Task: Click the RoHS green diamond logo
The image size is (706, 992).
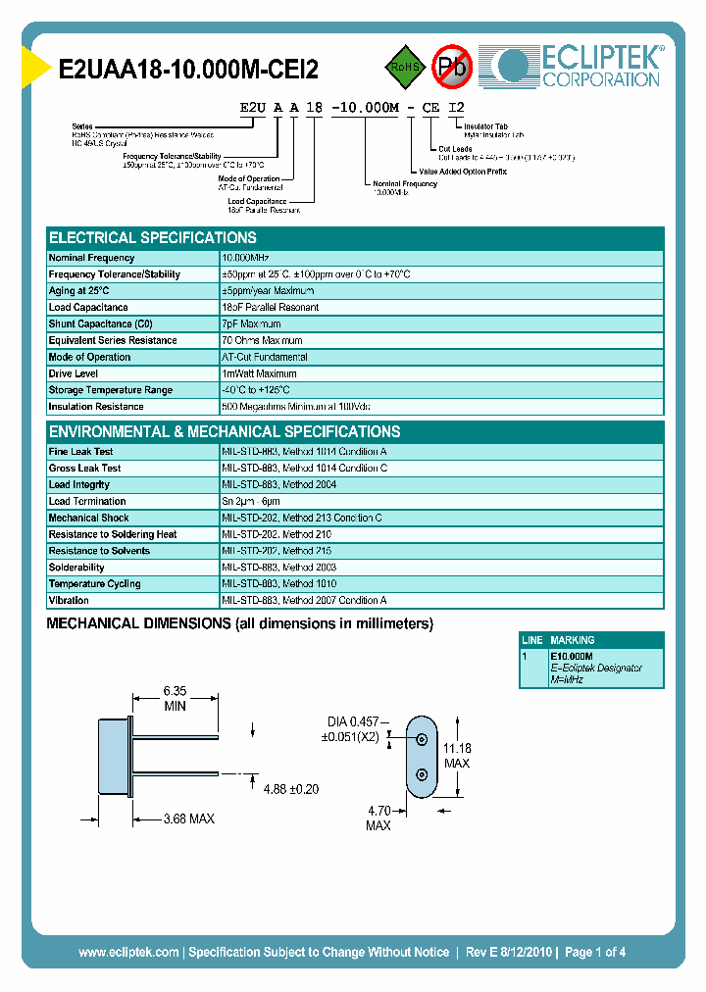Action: pyautogui.click(x=403, y=67)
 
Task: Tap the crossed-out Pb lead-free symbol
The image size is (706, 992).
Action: pyautogui.click(x=452, y=67)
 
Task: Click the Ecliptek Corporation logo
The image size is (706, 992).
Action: pyautogui.click(x=577, y=66)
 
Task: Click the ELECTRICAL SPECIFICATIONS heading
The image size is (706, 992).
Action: pyautogui.click(x=153, y=238)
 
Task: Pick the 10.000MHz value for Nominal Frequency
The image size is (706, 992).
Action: pyautogui.click(x=253, y=258)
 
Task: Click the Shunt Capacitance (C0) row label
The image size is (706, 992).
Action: pyautogui.click(x=101, y=323)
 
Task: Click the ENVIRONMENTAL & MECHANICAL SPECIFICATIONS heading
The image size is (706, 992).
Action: pyautogui.click(x=225, y=432)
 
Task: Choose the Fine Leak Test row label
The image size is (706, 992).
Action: pyautogui.click(x=80, y=452)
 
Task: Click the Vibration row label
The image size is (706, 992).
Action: pyautogui.click(x=69, y=600)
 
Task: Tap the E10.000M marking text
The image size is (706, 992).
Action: pyautogui.click(x=572, y=656)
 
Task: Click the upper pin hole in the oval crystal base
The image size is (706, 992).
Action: pyautogui.click(x=423, y=740)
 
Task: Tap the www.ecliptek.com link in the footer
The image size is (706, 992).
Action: pyautogui.click(x=128, y=952)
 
